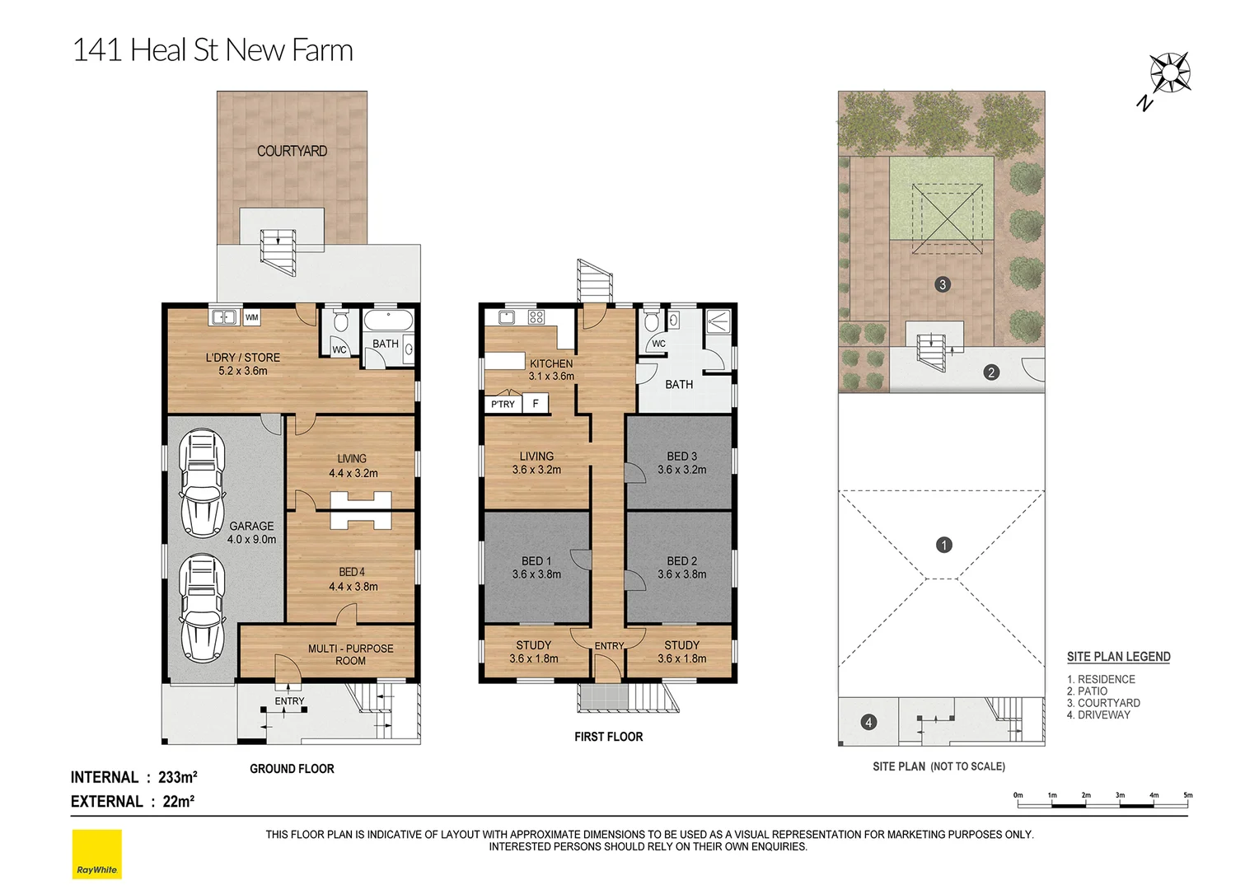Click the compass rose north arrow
click(1168, 75)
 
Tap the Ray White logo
click(96, 855)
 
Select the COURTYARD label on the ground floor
click(292, 151)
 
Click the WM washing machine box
click(251, 317)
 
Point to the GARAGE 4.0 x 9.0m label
click(251, 532)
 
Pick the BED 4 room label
click(353, 579)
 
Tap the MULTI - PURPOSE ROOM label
click(350, 654)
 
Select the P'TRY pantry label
click(503, 404)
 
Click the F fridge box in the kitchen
click(536, 403)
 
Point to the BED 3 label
click(681, 462)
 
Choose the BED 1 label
click(536, 567)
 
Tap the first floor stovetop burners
click(536, 317)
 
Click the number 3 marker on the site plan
click(943, 284)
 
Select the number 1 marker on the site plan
click(944, 545)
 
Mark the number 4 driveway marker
click(868, 723)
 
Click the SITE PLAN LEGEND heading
click(1118, 657)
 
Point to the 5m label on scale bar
click(1187, 795)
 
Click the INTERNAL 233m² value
click(177, 777)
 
